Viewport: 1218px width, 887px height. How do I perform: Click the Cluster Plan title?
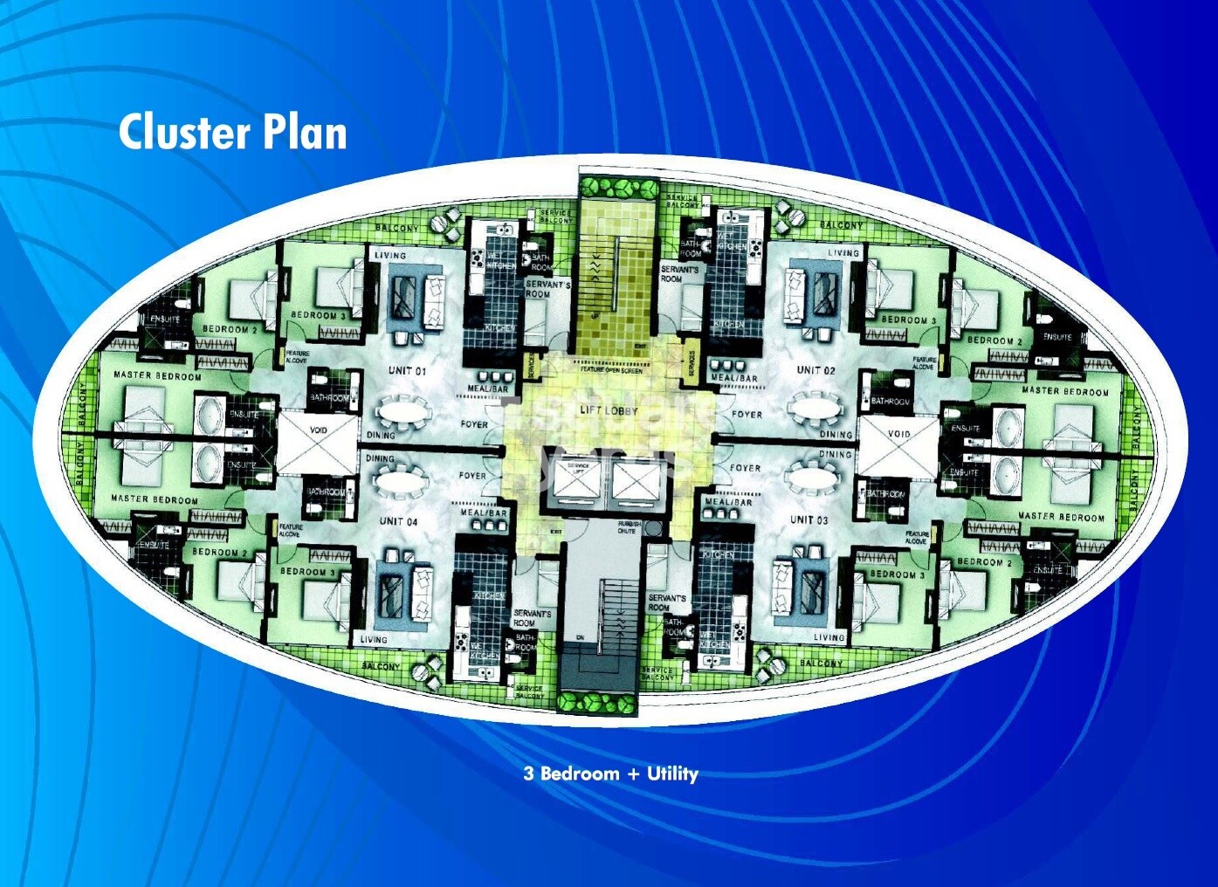pyautogui.click(x=232, y=133)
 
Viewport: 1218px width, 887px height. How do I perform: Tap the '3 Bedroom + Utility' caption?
pyautogui.click(x=610, y=774)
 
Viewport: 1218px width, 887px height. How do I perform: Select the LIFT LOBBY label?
pyautogui.click(x=609, y=410)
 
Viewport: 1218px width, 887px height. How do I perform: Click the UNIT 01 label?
pyautogui.click(x=407, y=371)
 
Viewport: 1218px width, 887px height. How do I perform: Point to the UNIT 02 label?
pyautogui.click(x=815, y=370)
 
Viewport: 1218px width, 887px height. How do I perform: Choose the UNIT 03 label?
pyautogui.click(x=809, y=519)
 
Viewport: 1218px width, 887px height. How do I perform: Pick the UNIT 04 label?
pyautogui.click(x=398, y=521)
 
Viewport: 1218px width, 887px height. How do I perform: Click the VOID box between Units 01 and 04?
pyautogui.click(x=318, y=430)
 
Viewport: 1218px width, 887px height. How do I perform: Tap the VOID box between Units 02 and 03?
pyautogui.click(x=898, y=434)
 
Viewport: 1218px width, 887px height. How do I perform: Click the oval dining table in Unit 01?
pyautogui.click(x=403, y=409)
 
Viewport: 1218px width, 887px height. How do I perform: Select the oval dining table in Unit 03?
pyautogui.click(x=814, y=478)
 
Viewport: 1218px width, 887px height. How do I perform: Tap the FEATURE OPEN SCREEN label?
pyautogui.click(x=611, y=370)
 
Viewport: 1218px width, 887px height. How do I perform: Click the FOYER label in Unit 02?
pyautogui.click(x=747, y=415)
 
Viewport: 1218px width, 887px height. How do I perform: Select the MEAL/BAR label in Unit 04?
pyautogui.click(x=484, y=513)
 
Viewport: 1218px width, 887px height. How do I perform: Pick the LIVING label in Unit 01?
pyautogui.click(x=390, y=256)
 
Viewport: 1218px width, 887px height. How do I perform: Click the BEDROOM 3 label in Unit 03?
pyautogui.click(x=893, y=574)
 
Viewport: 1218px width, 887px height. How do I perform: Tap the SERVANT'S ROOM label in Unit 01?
pyautogui.click(x=547, y=290)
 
